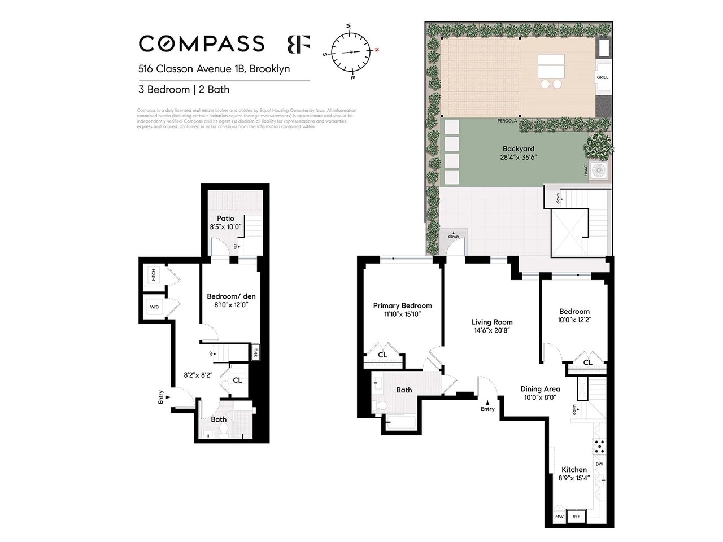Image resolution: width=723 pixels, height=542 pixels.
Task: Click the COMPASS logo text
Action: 202,43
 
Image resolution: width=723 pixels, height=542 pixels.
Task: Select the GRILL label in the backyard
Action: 603,77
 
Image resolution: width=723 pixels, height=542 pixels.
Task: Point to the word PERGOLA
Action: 508,121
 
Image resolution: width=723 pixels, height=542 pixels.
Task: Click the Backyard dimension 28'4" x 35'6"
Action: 518,158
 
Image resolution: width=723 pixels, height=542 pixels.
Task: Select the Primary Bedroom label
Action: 402,305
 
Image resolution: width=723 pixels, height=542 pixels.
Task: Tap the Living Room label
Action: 491,322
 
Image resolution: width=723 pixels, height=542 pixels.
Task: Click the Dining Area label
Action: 540,388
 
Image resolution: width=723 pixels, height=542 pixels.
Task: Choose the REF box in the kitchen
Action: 576,517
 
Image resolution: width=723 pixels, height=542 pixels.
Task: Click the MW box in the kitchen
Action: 559,517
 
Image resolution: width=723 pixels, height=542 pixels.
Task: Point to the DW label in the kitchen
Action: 599,464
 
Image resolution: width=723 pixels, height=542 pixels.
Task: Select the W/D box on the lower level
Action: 154,308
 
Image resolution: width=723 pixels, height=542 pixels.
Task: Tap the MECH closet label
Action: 153,275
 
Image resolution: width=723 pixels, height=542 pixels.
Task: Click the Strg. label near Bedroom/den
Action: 255,353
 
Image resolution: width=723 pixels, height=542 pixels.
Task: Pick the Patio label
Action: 225,218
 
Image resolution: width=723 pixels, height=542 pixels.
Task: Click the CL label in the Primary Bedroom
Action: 382,355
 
